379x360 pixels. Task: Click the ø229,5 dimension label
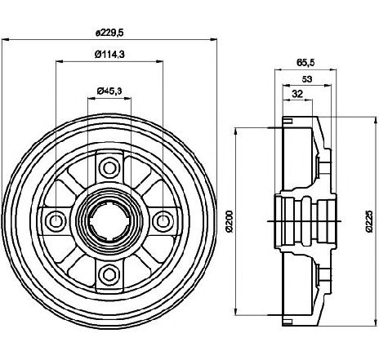109,33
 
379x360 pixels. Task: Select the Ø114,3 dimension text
109,55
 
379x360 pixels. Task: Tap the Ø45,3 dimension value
109,91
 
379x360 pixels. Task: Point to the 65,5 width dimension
305,63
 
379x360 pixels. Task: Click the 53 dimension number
307,79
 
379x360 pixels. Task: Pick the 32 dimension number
297,94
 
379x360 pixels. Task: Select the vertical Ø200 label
230,221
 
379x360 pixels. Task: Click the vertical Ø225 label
369,221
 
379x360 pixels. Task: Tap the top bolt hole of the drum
109,167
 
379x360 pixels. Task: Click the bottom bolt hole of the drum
109,275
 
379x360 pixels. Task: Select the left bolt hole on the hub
56,221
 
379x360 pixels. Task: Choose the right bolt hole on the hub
163,221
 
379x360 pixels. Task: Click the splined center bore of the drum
109,221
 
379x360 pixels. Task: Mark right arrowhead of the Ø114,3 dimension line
159,62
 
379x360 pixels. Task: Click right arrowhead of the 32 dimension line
309,100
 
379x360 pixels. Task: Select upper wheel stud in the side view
324,166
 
